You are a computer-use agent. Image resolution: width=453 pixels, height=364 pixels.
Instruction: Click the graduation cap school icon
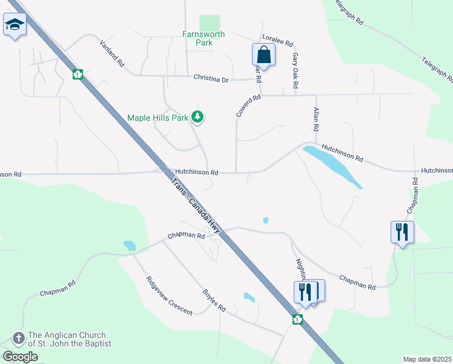[x=14, y=25]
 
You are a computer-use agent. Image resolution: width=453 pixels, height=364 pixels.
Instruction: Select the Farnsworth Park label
[x=203, y=39]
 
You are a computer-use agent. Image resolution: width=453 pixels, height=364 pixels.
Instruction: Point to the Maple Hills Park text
[x=158, y=118]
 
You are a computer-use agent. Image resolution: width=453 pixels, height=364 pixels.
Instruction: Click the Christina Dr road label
[x=211, y=79]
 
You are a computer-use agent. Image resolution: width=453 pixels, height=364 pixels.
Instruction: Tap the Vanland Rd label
[x=111, y=53]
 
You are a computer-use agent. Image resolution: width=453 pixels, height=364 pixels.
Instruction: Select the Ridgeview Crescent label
[x=169, y=295]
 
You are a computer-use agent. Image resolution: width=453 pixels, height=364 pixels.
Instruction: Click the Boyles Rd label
[x=214, y=300]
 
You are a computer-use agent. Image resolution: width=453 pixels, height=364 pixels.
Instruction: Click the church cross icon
[x=18, y=338]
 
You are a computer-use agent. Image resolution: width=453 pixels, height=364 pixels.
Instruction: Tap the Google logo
[x=20, y=357]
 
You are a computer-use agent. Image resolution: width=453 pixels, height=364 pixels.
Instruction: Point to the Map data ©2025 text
[x=427, y=359]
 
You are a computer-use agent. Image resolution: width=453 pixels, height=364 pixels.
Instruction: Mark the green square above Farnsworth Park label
[x=209, y=22]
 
